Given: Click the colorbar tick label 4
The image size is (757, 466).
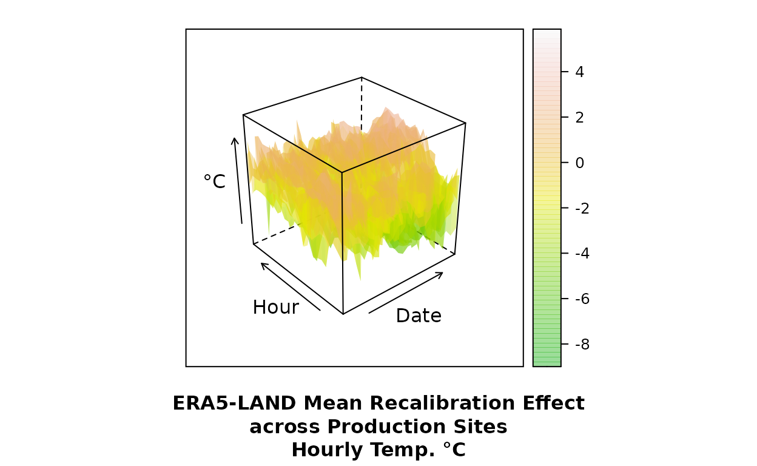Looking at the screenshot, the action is coord(580,72).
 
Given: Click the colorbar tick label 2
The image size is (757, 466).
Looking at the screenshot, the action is coord(580,117).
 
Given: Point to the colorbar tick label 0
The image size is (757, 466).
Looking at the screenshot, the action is coord(580,163).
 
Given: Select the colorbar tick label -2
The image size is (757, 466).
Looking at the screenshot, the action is coord(582,208).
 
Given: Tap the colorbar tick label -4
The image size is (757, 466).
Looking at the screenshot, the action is coord(582,253).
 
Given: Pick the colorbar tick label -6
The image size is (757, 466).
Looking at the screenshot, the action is coord(582,299).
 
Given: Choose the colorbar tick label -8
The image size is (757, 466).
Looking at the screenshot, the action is coord(582,344).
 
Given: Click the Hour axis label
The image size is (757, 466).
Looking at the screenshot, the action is coord(276,307).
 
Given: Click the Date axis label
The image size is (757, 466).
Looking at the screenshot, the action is coord(419,316).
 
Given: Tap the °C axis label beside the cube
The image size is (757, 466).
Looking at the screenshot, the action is coord(215,181).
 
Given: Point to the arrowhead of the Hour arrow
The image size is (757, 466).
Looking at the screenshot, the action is coord(261,264).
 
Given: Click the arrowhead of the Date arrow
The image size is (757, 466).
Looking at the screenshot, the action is coord(442,272).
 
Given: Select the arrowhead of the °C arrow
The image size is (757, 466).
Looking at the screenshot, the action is coord(234,138).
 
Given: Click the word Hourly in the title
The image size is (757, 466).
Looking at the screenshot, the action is coord(328,450).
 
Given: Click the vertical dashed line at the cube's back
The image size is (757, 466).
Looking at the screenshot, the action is coord(362,104).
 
